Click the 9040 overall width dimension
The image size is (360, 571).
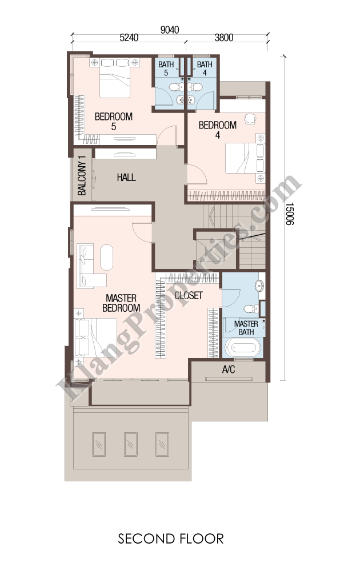click(x=170, y=30)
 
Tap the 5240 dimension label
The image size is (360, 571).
click(x=129, y=38)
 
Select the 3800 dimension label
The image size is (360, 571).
click(x=224, y=38)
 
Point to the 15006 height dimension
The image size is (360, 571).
click(x=289, y=214)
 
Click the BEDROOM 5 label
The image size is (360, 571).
click(x=113, y=122)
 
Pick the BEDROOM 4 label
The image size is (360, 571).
click(x=218, y=130)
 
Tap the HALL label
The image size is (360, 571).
click(x=126, y=178)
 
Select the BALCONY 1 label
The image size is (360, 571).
click(x=82, y=175)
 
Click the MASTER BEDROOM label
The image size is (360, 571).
click(x=121, y=303)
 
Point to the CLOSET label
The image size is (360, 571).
click(x=189, y=295)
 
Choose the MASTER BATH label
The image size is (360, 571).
click(x=246, y=328)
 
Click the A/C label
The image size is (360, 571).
click(x=229, y=370)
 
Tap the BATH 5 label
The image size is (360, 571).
click(x=166, y=69)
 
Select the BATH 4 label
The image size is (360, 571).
click(x=205, y=69)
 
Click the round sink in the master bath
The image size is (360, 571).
click(x=260, y=286)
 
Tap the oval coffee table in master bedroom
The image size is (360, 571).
click(x=106, y=257)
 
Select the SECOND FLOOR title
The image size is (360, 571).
click(x=170, y=539)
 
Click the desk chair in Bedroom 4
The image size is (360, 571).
click(x=250, y=119)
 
